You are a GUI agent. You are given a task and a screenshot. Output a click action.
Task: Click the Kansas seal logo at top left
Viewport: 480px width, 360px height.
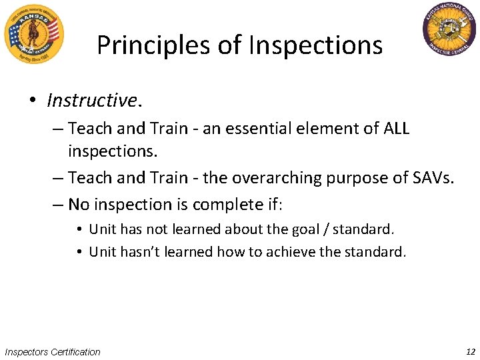point(33,33)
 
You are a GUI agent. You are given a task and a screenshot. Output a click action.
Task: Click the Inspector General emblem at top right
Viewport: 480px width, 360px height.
point(450,30)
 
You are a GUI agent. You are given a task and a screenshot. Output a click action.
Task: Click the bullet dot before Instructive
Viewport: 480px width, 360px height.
point(32,101)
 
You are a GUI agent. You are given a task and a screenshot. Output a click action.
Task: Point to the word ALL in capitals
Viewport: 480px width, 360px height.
point(396,128)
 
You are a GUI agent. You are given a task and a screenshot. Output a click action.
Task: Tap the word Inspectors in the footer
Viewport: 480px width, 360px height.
point(27,352)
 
